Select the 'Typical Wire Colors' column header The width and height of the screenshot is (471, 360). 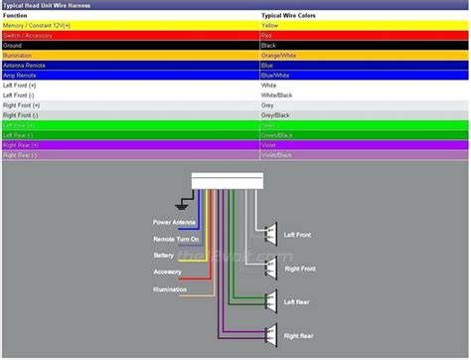(290, 16)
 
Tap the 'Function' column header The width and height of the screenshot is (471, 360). (20, 16)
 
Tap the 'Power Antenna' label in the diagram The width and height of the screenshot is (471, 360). (175, 222)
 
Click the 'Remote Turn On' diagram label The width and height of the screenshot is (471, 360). (176, 239)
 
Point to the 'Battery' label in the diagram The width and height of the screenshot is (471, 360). (164, 256)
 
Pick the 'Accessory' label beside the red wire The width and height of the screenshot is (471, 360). (167, 271)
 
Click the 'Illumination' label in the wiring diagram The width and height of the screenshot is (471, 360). (169, 289)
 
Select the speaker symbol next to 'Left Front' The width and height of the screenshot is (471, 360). (269, 235)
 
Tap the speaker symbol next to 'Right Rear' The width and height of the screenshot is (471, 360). (269, 335)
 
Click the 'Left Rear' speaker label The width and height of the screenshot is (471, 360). (299, 301)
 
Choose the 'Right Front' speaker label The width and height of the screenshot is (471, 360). (301, 269)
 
